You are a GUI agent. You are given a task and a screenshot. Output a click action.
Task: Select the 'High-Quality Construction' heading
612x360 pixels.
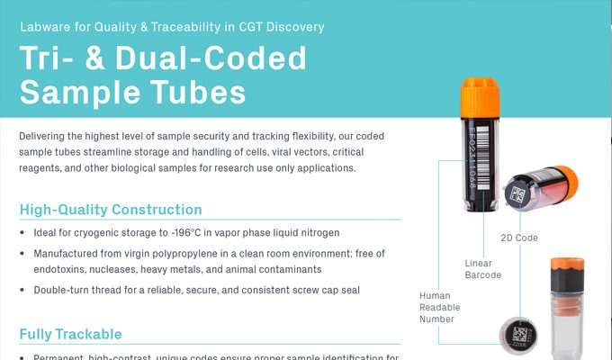point(111,210)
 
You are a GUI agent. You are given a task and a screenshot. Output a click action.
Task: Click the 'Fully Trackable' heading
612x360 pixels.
point(70,334)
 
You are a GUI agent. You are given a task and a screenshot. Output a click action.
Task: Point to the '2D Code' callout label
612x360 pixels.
point(518,238)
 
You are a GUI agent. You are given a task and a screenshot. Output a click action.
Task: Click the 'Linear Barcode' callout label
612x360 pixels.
point(482,268)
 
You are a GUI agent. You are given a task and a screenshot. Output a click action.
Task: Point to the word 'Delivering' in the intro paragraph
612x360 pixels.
point(45,136)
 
